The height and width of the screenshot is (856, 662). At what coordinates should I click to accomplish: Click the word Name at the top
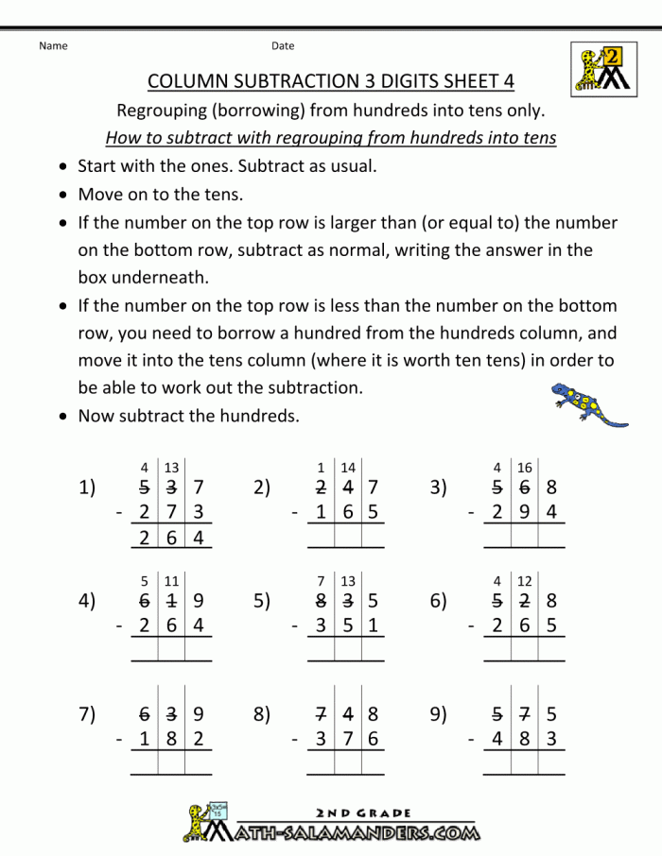click(x=54, y=45)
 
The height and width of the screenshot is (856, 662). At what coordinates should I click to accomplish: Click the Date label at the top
click(x=283, y=45)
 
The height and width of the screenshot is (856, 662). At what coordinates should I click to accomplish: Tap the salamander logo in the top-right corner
click(x=601, y=68)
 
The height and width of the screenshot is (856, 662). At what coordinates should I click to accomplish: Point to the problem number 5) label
click(x=262, y=601)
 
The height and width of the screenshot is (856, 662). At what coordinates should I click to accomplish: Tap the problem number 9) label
click(x=438, y=714)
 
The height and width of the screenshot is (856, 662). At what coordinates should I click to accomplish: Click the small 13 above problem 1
click(x=171, y=468)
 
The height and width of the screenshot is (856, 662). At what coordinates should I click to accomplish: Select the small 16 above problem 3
click(x=525, y=468)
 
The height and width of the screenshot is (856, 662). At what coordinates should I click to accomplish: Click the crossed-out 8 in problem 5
click(x=322, y=601)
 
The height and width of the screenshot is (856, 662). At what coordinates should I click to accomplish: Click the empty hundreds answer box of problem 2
click(x=322, y=538)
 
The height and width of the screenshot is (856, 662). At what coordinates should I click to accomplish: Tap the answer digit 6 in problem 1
click(x=171, y=538)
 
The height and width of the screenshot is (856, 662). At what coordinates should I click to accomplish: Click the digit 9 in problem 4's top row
click(x=197, y=601)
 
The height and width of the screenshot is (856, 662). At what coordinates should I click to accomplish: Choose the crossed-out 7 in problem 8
click(x=322, y=714)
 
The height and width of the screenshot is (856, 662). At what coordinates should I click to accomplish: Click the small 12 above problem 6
click(x=525, y=581)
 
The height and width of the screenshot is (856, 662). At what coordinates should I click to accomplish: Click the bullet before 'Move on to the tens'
click(x=62, y=196)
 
